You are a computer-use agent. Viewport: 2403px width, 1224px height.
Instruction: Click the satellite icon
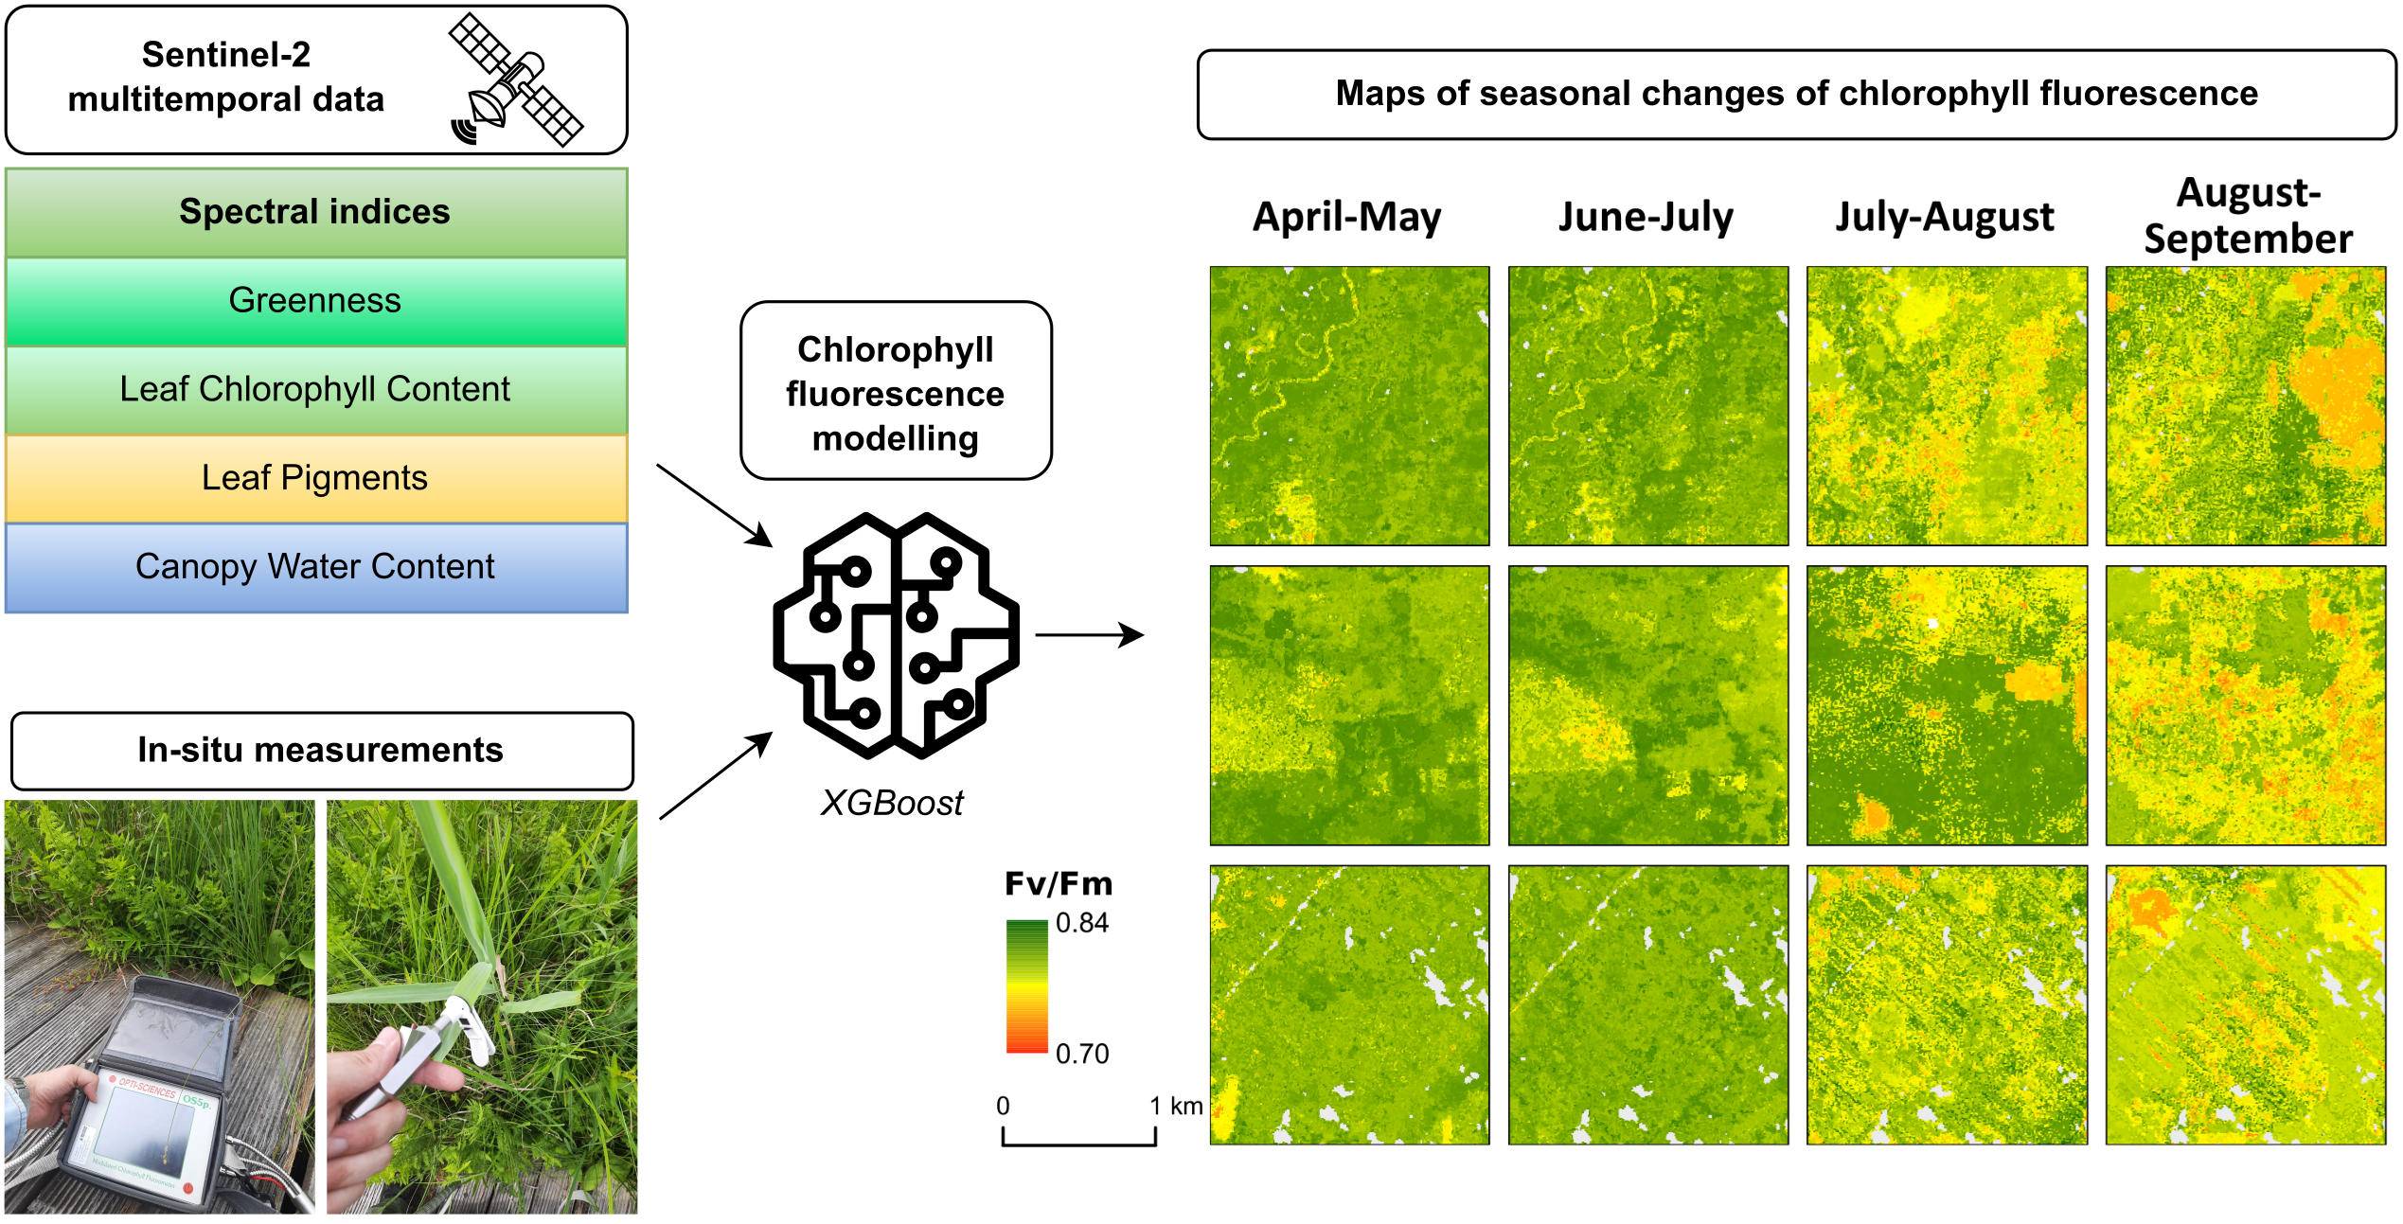pos(515,80)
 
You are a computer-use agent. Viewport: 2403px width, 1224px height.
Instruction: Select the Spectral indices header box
pos(316,212)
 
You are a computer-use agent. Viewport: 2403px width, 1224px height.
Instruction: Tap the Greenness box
pos(316,301)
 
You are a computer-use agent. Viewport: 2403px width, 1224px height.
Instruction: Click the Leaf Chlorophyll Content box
pos(316,389)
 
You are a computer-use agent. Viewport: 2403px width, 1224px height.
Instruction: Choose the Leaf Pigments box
pos(316,478)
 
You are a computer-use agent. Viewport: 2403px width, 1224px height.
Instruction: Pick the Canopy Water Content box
pos(316,567)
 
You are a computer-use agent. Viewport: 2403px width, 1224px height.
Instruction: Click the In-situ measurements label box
pos(322,751)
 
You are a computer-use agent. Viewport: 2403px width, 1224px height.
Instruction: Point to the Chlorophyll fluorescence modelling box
pos(896,391)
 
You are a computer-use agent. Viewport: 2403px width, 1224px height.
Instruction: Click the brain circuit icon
pos(896,635)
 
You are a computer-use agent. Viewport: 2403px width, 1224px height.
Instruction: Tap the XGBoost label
pos(892,803)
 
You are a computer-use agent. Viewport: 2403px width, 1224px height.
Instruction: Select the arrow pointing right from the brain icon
pos(1090,634)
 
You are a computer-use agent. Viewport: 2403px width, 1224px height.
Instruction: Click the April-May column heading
pos(1347,217)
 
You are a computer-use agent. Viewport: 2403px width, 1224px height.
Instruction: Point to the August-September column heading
pos(2248,216)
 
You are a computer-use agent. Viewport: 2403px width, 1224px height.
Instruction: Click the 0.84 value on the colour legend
pos(1082,923)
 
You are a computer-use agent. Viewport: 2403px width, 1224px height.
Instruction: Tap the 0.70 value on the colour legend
pos(1082,1054)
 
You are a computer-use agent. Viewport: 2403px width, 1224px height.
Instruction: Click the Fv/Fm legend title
pos(1059,884)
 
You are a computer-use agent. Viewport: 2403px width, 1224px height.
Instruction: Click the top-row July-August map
pos(1947,406)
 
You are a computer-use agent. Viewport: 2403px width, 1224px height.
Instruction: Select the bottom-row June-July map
pos(1648,1004)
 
